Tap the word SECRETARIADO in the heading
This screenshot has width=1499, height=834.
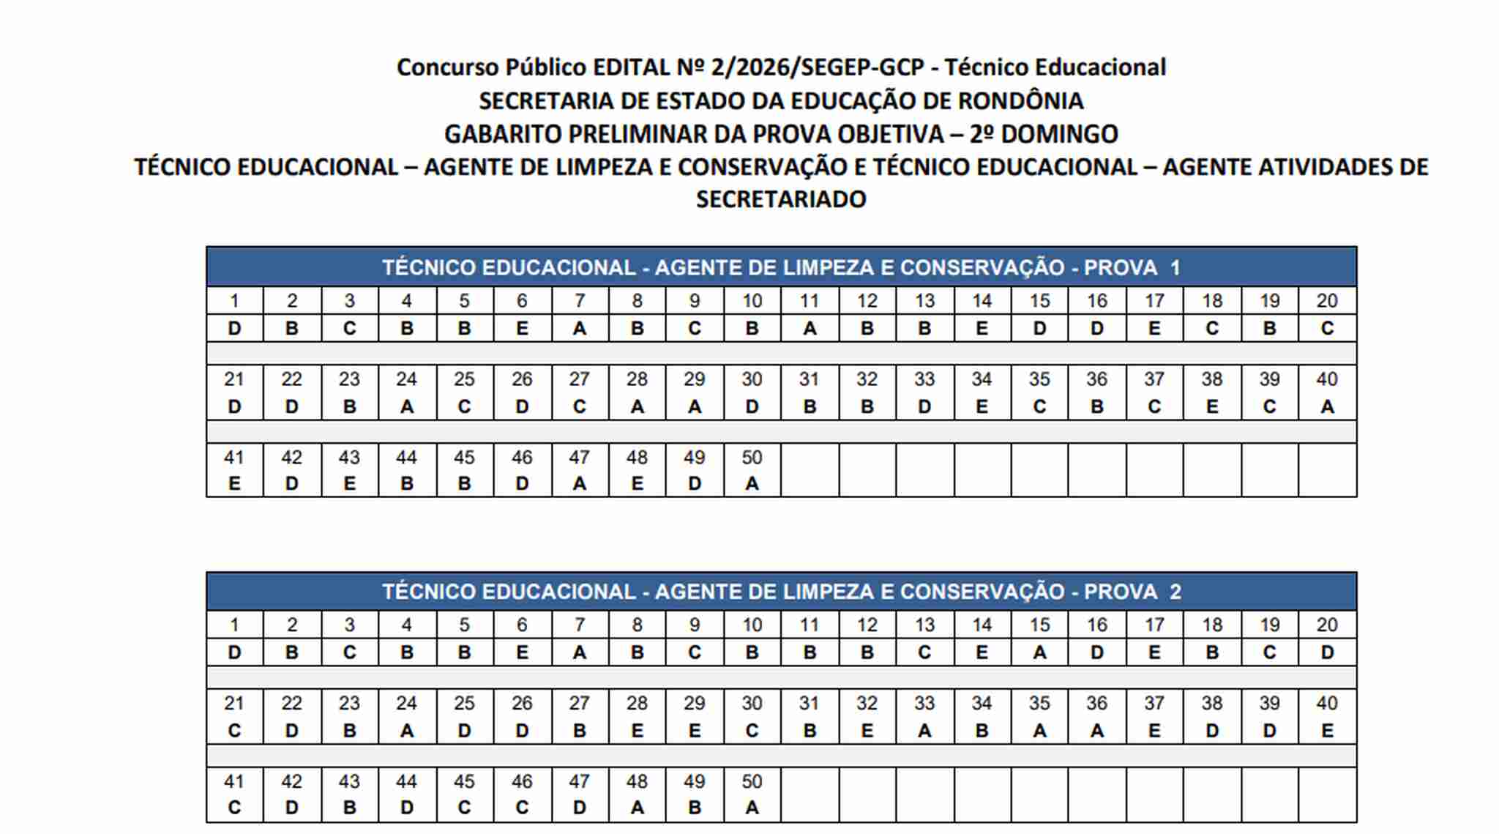coord(781,199)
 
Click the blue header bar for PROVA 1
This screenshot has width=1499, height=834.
coord(781,267)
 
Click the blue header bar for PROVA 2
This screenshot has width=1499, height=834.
coord(781,592)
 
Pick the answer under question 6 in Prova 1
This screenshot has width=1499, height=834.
coord(522,329)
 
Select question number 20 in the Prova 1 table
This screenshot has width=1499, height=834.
coord(1326,301)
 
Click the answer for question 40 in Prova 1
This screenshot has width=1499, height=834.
coord(1326,407)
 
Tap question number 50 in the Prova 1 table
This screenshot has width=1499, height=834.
coord(752,458)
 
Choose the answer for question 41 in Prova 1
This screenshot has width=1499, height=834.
coord(234,484)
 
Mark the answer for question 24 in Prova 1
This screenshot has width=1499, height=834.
coord(407,407)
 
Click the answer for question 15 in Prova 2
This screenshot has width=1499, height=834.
coord(1039,652)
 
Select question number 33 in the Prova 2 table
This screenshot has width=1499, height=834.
coord(924,704)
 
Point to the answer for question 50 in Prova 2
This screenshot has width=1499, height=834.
coord(752,808)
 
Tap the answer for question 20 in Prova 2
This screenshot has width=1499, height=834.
coord(1326,652)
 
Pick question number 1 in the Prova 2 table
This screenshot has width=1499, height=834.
coord(234,625)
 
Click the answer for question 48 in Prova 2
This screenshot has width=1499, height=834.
coord(637,808)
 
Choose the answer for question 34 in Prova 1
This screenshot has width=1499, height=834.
coord(982,407)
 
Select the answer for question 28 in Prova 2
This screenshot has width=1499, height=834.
coord(637,731)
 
